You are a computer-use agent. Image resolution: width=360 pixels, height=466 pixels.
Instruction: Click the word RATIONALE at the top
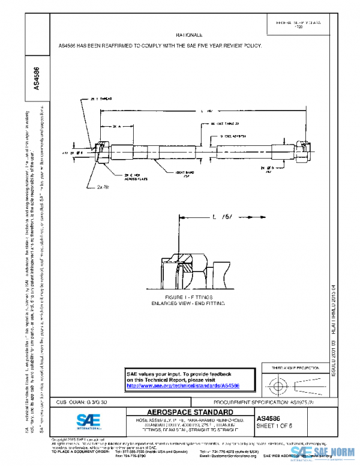[x=189, y=36]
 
